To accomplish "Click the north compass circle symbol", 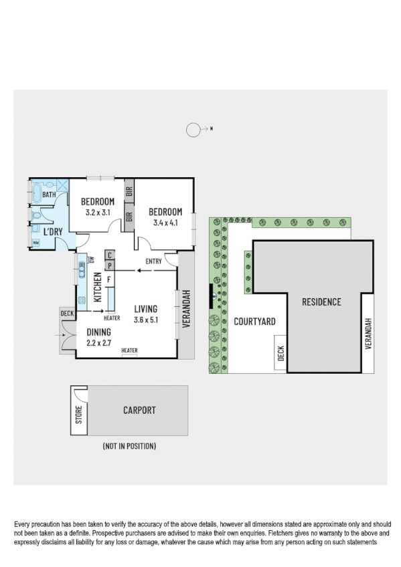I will coord(193,130).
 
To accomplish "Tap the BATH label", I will coord(49,195).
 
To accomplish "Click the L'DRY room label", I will coord(53,232).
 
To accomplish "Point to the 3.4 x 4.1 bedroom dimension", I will coord(165,223).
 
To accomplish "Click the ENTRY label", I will coord(153,261).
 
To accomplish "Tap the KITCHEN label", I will coord(98,288).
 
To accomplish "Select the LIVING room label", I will coord(145,309).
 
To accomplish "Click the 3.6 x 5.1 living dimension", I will coord(145,320).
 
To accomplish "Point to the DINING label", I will coord(98,331).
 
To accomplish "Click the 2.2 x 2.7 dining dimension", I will coord(98,342).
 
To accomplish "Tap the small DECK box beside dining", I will coord(67,313).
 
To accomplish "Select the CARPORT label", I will coord(139,410).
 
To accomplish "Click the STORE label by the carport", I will coord(79,415).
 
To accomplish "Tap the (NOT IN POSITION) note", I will coord(129,445).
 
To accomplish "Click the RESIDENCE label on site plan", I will coord(322,302).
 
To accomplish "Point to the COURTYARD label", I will coord(254,322).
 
